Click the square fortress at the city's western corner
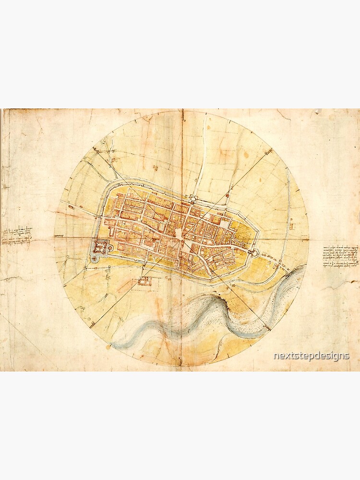pos(100,247)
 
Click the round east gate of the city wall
pos(251,249)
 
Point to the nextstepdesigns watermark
pos(311,356)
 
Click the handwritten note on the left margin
pos(16,235)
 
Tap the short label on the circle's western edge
pos(60,236)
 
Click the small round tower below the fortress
pos(94,259)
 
